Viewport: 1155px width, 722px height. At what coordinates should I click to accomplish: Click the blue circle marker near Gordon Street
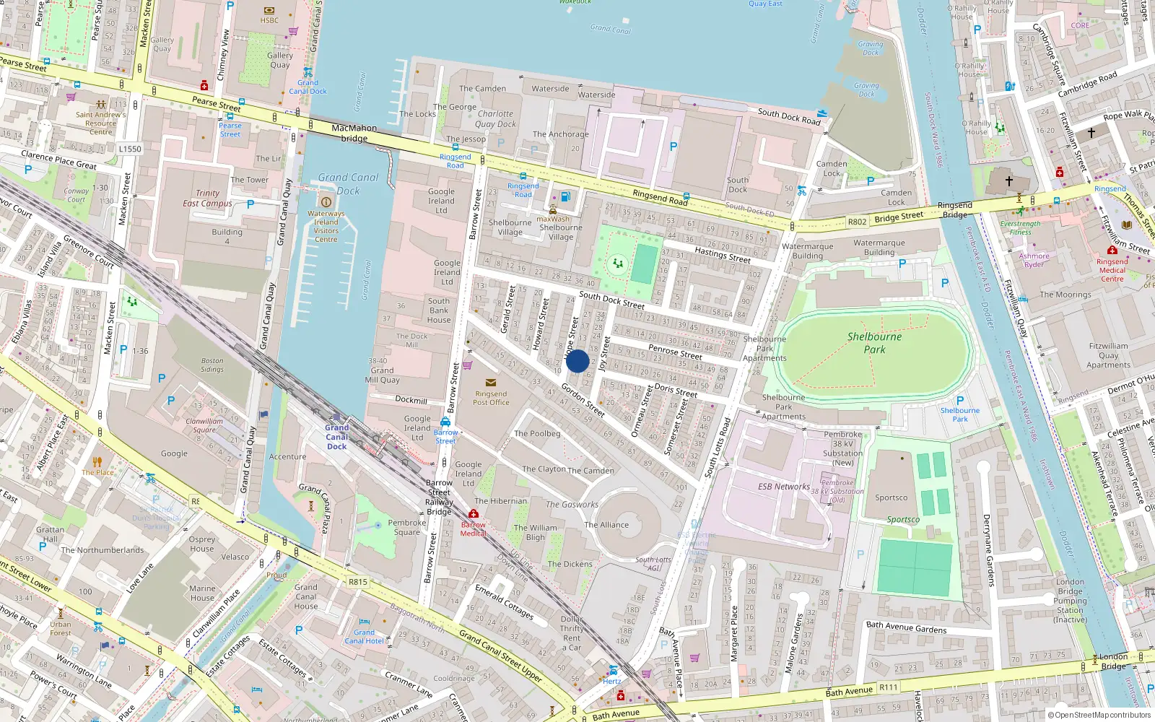click(x=577, y=361)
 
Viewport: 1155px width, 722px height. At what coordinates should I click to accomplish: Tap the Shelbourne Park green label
click(x=874, y=343)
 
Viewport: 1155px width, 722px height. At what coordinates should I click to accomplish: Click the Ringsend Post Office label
click(x=491, y=398)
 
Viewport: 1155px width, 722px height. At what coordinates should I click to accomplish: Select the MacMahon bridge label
click(x=354, y=133)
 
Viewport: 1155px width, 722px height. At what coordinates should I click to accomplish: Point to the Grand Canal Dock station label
click(x=336, y=437)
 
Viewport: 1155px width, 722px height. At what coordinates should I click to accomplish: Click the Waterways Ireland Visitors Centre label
click(x=326, y=226)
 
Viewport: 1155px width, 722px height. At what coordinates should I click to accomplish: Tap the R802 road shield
click(x=857, y=222)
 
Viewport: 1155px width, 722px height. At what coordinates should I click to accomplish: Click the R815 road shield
click(x=358, y=581)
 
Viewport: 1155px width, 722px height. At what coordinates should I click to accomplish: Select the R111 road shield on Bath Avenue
click(x=889, y=688)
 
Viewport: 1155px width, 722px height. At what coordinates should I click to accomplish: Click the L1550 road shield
click(x=130, y=149)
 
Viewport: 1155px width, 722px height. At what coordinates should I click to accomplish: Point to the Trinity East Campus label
click(x=207, y=199)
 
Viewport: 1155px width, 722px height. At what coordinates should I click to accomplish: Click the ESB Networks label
click(x=783, y=487)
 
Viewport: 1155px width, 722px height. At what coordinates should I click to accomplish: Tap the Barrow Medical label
click(x=474, y=529)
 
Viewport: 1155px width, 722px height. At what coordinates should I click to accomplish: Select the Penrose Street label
click(x=675, y=352)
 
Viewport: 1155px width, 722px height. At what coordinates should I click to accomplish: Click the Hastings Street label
click(x=722, y=253)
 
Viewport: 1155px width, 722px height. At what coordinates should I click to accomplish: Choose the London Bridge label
click(x=1113, y=661)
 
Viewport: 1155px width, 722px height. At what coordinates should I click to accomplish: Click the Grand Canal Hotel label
click(x=364, y=636)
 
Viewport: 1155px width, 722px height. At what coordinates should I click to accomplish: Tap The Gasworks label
click(x=572, y=505)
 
